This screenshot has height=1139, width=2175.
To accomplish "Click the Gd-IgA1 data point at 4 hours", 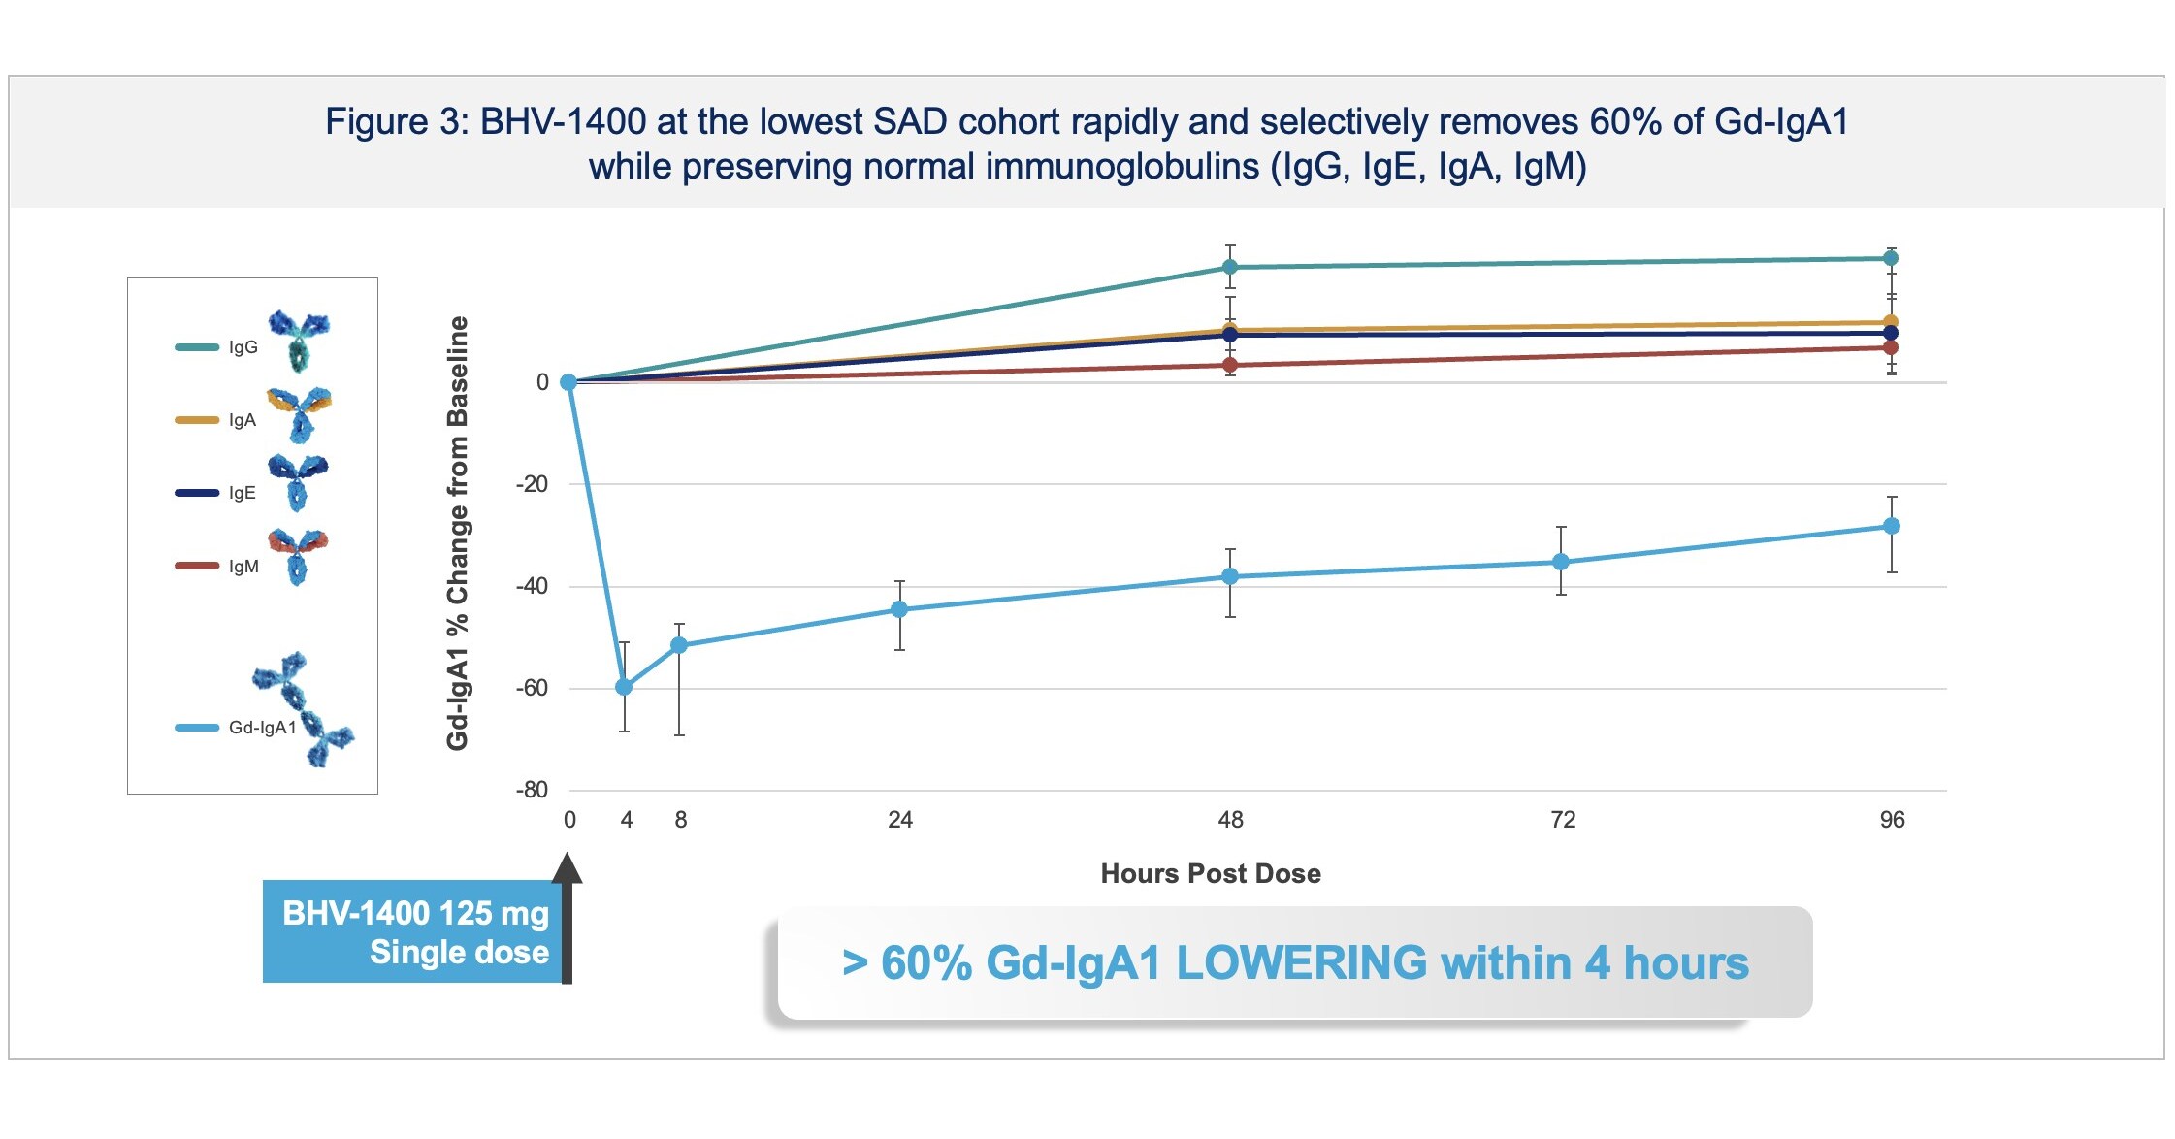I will [624, 687].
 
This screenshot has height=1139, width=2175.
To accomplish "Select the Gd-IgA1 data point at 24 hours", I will [899, 609].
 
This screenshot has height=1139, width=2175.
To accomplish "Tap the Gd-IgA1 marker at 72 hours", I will [1561, 562].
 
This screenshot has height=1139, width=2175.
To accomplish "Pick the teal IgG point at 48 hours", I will [1230, 267].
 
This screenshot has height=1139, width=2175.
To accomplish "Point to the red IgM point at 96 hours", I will [1891, 347].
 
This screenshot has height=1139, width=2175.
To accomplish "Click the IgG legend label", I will [243, 347].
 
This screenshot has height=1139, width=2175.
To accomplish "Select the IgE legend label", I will [243, 493].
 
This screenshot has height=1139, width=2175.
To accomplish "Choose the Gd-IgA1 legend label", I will [262, 728].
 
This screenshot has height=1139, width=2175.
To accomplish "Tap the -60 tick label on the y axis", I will [532, 688].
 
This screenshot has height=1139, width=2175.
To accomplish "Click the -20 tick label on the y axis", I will [532, 483].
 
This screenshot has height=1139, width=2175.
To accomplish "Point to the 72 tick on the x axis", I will [1563, 820].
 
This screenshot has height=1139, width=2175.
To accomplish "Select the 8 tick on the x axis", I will [681, 820].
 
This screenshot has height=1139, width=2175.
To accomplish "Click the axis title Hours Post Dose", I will [1211, 873].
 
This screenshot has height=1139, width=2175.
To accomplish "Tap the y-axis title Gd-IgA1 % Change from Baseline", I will [458, 534].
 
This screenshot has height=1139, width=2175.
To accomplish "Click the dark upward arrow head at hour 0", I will [568, 869].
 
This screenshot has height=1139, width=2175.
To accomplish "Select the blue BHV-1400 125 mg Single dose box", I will [413, 931].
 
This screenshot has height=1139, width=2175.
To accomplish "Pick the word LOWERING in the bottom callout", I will [1301, 963].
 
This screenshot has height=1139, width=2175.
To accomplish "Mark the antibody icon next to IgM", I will [299, 555].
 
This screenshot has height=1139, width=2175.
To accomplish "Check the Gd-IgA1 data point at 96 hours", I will [1891, 526].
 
